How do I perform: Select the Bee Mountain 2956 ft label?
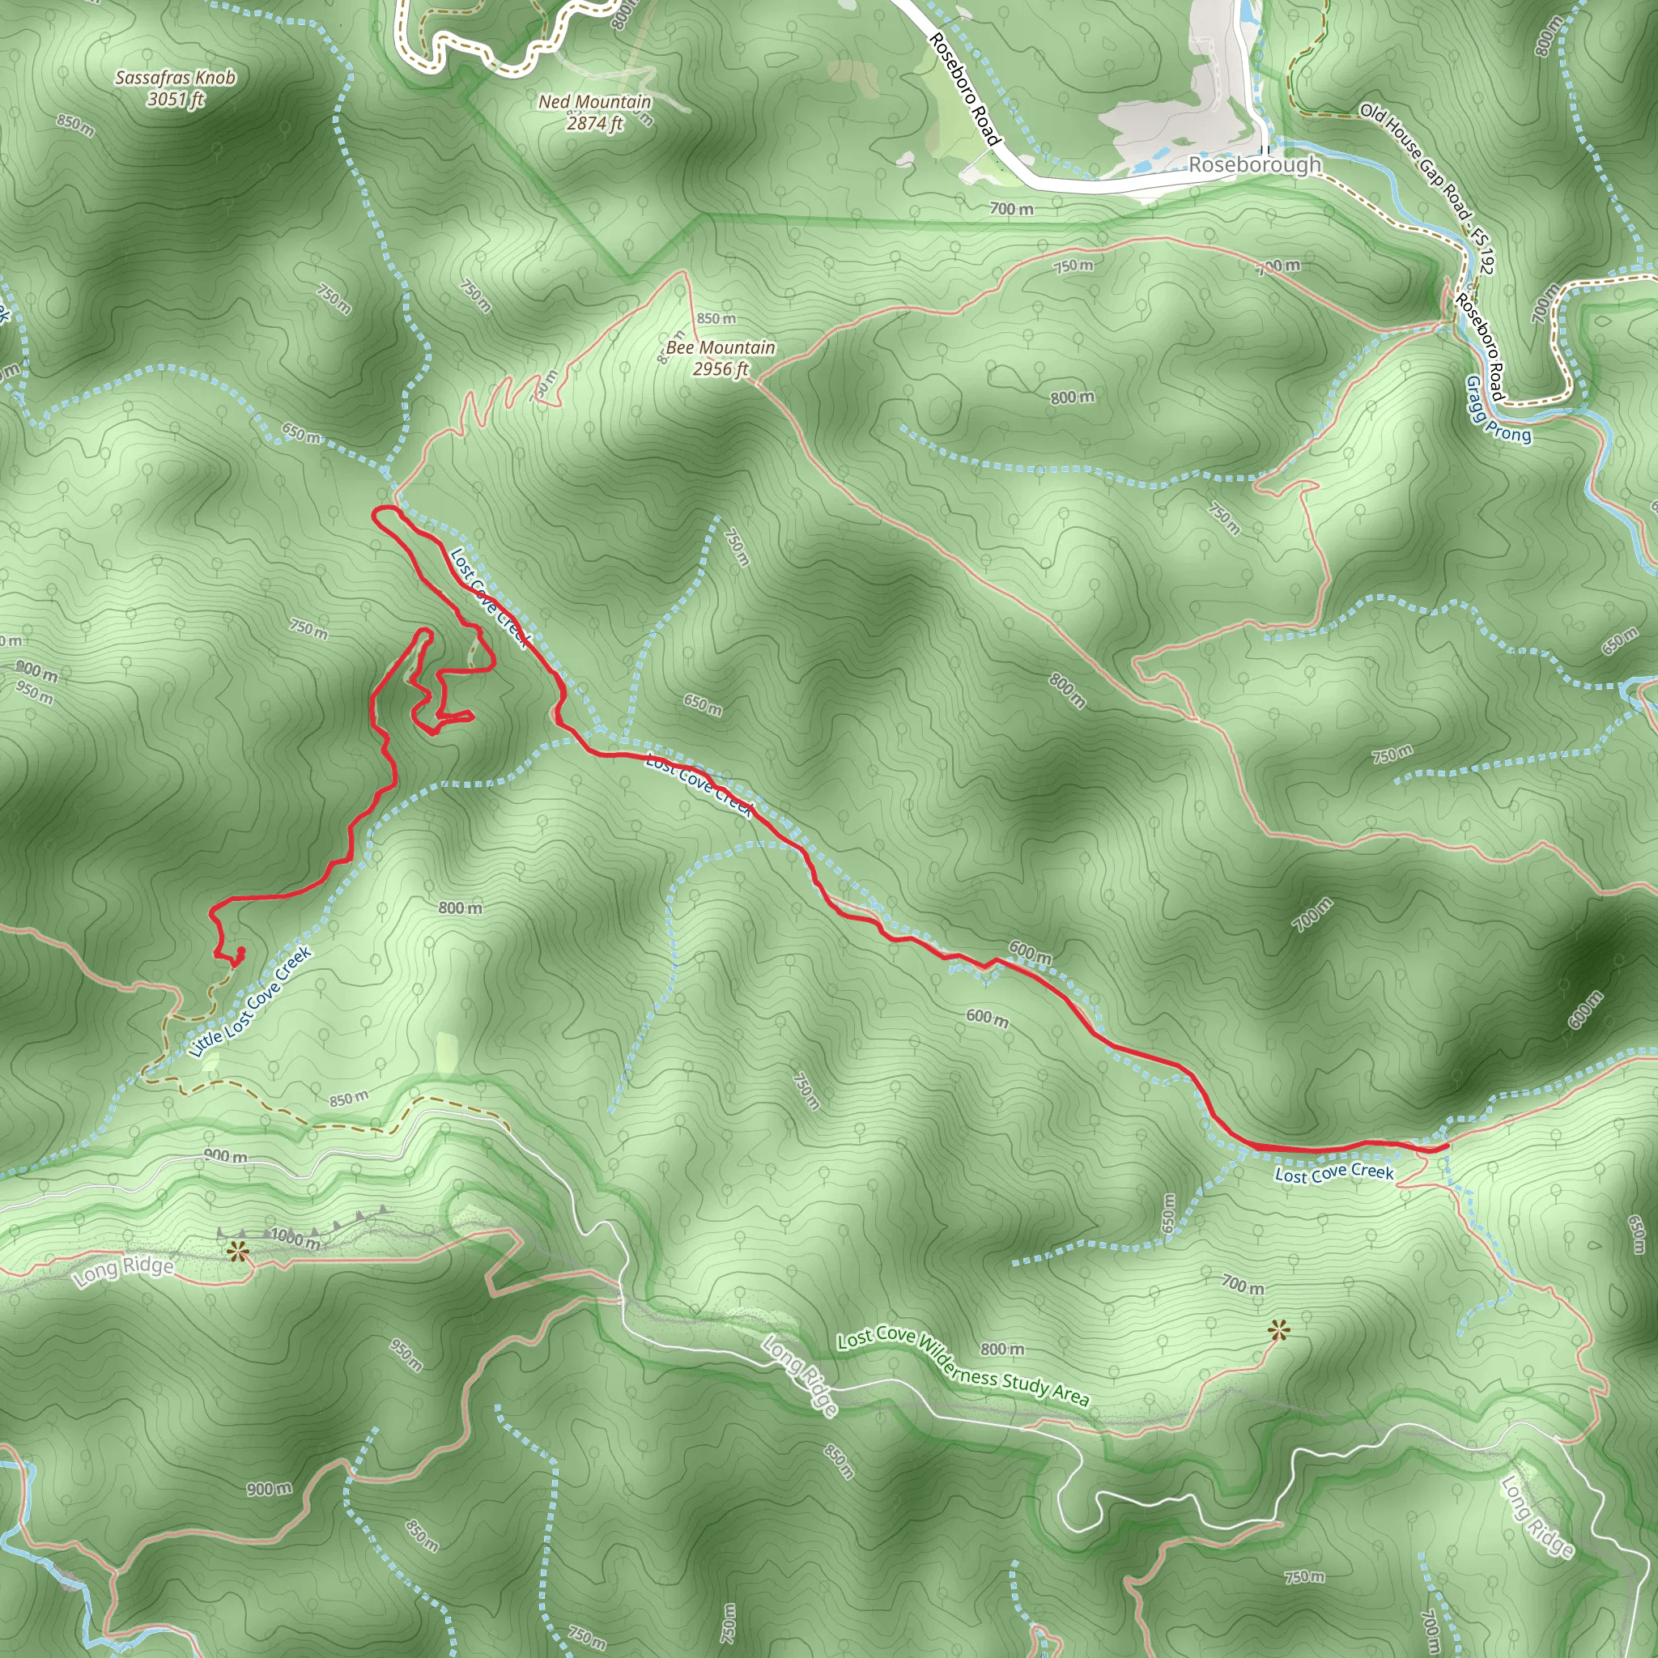tap(721, 358)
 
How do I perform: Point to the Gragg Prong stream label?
tap(1498, 410)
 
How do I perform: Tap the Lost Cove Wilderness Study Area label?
tap(963, 1368)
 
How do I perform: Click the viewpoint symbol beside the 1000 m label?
tap(238, 1252)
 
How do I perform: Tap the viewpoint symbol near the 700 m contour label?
tap(1278, 1331)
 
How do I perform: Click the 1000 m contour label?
tap(295, 1239)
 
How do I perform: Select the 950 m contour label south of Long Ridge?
tap(406, 1354)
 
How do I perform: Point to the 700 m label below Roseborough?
tap(1011, 209)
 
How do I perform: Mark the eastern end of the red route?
tap(1447, 1146)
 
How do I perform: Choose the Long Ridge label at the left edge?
tap(123, 1270)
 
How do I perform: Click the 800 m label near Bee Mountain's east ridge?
tap(1072, 397)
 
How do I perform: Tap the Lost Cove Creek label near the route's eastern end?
tap(1333, 1172)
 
